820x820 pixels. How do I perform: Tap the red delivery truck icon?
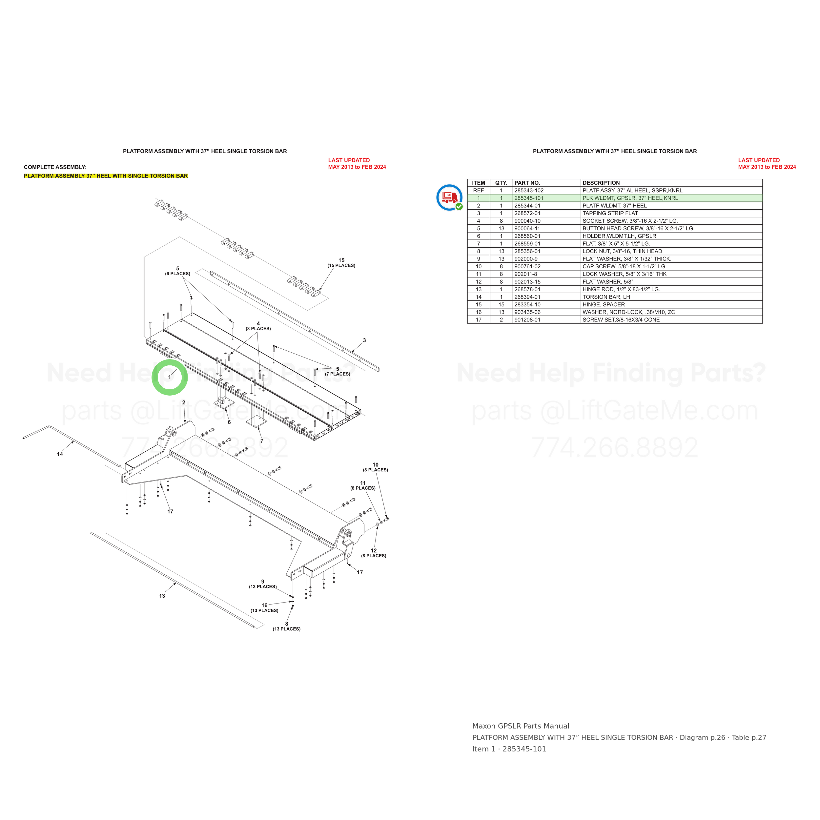click(449, 197)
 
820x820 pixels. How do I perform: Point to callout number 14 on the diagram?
click(60, 454)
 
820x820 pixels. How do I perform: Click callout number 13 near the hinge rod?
click(162, 596)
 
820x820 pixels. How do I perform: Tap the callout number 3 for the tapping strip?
click(364, 340)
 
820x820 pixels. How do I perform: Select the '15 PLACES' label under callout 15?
click(341, 266)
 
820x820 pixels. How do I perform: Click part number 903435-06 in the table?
click(527, 312)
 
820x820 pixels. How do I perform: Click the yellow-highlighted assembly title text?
click(106, 176)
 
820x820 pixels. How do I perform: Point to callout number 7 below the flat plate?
click(262, 441)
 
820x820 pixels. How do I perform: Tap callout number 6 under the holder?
click(229, 422)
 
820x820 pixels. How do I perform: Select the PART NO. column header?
click(527, 183)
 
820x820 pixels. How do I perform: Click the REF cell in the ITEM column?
click(478, 191)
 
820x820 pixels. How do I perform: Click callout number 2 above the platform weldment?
click(184, 403)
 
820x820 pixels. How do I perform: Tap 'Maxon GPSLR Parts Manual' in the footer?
click(521, 726)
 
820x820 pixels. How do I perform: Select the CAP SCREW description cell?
click(624, 267)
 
